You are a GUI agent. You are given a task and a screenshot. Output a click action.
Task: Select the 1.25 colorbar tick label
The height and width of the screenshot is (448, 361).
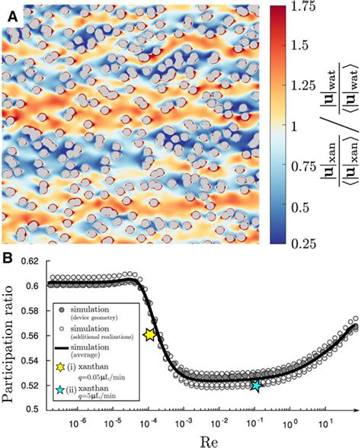(x=285, y=85)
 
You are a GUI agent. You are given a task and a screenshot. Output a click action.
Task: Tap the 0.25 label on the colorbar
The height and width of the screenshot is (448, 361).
(x=285, y=242)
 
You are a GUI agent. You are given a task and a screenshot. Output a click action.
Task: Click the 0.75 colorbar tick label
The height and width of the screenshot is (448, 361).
(x=285, y=164)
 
